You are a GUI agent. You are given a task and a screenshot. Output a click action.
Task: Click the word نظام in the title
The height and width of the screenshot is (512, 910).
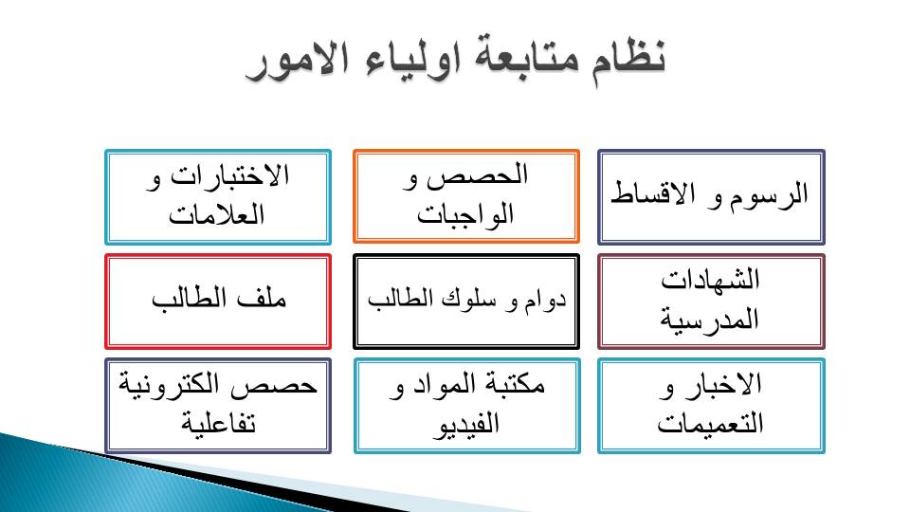(x=628, y=58)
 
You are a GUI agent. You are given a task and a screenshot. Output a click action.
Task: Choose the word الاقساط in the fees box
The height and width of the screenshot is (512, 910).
(x=653, y=193)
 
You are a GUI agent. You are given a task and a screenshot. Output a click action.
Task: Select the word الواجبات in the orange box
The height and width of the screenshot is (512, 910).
(x=465, y=214)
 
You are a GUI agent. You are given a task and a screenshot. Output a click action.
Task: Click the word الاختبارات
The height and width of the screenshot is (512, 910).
(x=229, y=174)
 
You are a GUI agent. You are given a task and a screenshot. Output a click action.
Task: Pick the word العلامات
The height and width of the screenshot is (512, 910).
(x=217, y=214)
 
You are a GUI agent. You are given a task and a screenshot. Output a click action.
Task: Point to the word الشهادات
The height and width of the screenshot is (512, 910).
(x=710, y=280)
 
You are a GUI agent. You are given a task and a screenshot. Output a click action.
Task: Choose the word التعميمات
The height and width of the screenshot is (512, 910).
(x=710, y=423)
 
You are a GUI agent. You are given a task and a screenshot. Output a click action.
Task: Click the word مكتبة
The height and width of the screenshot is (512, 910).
(x=511, y=384)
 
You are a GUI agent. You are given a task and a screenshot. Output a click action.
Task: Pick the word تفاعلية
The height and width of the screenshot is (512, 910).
(x=218, y=423)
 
